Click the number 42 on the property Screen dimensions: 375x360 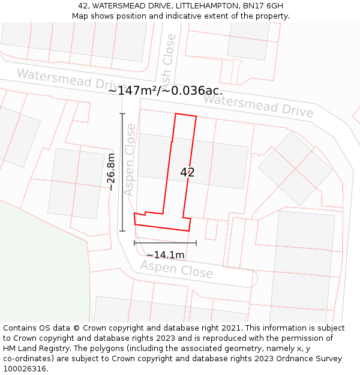[187, 172]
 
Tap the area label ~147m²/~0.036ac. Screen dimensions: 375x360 [165, 91]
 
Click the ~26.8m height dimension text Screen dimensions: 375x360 [110, 172]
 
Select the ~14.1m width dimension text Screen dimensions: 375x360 [165, 254]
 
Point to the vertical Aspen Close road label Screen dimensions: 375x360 [130, 168]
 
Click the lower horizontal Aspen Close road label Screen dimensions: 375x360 [176, 269]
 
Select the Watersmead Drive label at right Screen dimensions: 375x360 [258, 106]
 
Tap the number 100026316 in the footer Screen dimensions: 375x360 [25, 368]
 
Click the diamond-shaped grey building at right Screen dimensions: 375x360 [295, 167]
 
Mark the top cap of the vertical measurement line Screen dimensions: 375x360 [122, 113]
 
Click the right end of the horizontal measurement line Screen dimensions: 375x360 [196, 243]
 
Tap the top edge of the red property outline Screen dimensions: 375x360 [185, 115]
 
